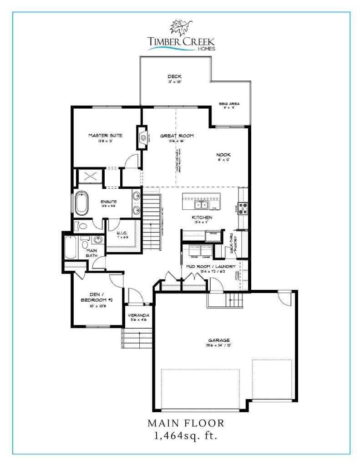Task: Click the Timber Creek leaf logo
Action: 181,26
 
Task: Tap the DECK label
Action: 174,76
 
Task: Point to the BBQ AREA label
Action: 229,104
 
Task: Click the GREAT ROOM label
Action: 177,136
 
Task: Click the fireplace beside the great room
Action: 142,137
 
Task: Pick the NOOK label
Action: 223,155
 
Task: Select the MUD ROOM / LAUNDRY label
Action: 210,266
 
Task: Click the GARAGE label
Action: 219,339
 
